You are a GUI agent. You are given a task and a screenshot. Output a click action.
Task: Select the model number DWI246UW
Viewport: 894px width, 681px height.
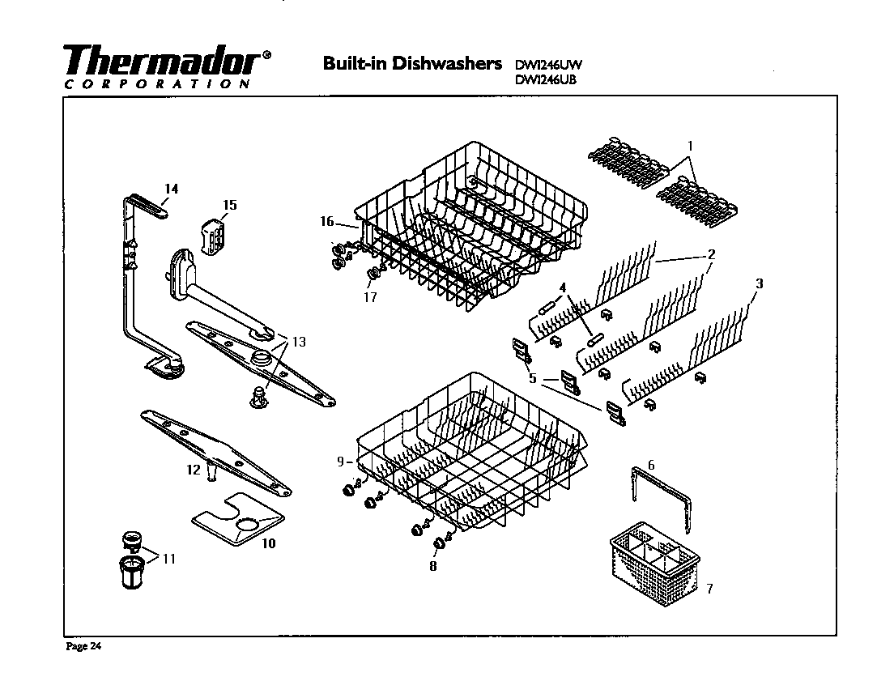coord(549,64)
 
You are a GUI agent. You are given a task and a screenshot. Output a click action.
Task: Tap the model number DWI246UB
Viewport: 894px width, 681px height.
coord(547,79)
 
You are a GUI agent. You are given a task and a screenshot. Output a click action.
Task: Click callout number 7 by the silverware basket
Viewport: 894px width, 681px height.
coord(709,589)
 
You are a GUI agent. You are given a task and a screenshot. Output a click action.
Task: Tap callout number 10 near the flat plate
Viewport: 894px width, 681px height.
coord(269,543)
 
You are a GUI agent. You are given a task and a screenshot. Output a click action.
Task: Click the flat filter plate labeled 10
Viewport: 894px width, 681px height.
coord(240,521)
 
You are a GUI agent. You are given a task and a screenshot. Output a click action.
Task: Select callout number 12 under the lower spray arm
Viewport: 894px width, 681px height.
coord(193,470)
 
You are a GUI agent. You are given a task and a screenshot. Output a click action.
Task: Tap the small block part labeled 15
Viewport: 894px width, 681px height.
coord(213,232)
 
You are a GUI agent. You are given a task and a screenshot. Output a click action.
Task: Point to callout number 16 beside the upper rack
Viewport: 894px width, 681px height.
coord(326,221)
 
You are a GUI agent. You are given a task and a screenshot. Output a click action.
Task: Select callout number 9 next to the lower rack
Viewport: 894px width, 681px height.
coord(341,462)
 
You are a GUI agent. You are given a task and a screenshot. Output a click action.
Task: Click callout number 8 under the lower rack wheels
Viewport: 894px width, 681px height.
coord(432,567)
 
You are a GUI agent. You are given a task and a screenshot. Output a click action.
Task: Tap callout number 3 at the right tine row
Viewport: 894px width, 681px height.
coord(759,283)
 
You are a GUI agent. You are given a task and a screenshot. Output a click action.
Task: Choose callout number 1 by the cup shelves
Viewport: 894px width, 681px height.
coord(690,146)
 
